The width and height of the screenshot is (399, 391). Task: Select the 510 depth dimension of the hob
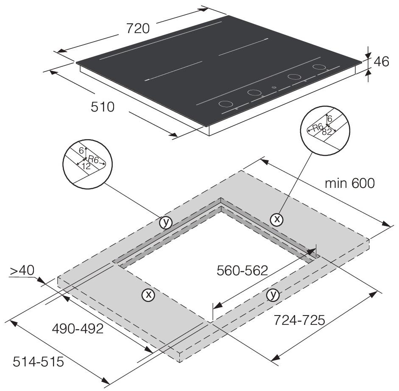point(103,107)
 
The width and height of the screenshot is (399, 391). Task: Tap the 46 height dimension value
point(382,61)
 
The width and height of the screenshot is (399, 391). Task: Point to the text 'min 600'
point(350,183)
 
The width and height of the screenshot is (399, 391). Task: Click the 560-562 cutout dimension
point(242,271)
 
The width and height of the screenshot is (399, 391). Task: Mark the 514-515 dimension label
point(38,362)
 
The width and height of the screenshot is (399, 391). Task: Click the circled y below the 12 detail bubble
point(166,222)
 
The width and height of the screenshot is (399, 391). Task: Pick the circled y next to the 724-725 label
point(273,295)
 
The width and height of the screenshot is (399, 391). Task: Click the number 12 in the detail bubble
point(86,166)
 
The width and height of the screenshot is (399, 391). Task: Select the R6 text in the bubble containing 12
point(93,160)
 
